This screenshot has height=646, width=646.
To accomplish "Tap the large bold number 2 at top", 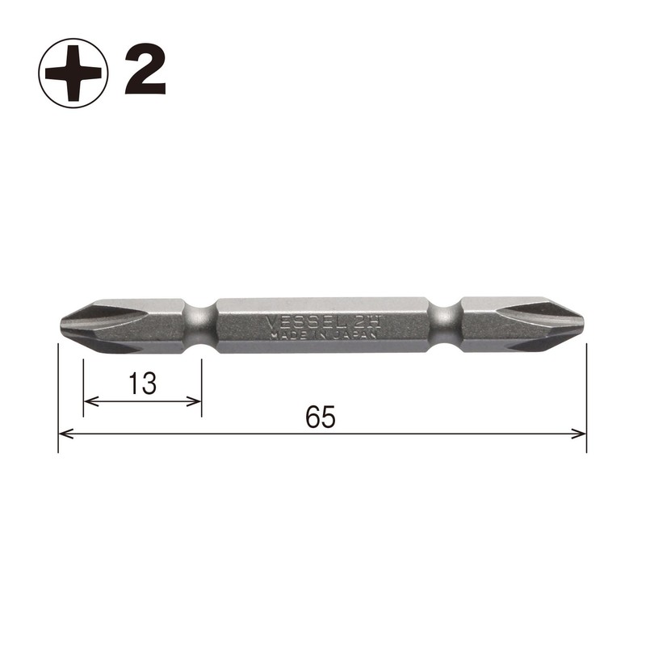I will (x=145, y=73).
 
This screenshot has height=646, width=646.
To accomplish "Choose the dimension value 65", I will (x=321, y=417).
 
